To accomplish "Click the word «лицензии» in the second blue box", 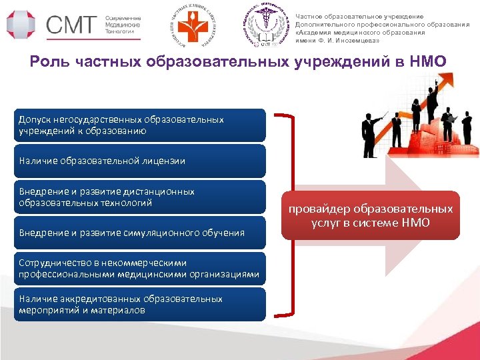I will click(x=166, y=161).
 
